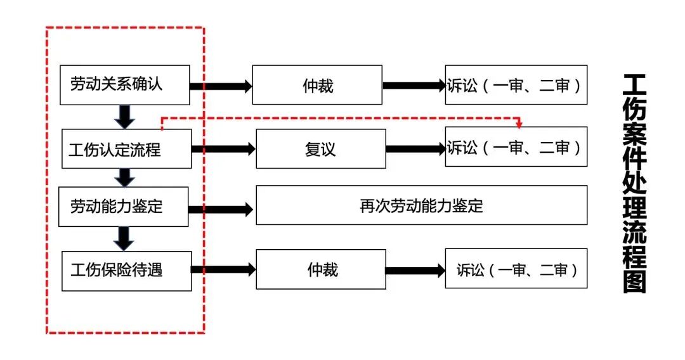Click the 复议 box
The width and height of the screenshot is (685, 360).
(320, 149)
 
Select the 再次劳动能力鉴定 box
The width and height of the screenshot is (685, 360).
(421, 206)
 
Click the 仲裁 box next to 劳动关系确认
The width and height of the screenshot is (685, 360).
(317, 85)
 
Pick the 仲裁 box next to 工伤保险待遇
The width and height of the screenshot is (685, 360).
(320, 270)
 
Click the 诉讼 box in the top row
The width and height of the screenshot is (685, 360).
(516, 85)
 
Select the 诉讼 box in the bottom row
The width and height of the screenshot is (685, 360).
(516, 270)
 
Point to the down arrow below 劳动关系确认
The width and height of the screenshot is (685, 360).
(125, 116)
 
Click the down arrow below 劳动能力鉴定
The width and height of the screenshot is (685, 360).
(125, 238)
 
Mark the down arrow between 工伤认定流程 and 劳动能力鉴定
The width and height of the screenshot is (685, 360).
(125, 177)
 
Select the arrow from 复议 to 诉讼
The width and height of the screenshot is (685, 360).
(415, 149)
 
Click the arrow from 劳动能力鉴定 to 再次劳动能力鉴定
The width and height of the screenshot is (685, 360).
(222, 209)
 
